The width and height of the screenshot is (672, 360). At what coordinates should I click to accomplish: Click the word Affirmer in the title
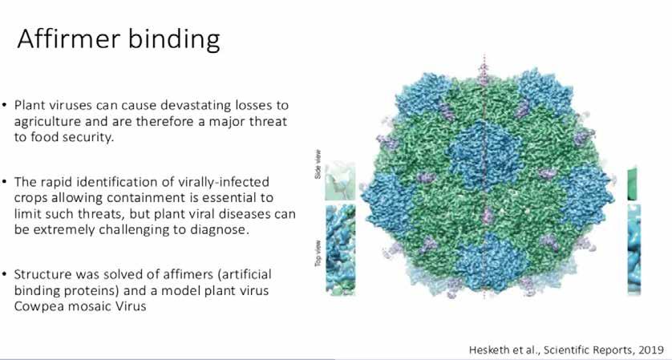tap(68, 38)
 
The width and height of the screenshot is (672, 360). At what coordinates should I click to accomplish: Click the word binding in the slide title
tap(174, 40)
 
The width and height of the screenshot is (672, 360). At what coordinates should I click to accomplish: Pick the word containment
tap(152, 197)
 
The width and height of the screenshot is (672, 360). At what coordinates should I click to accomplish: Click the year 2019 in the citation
tap(650, 350)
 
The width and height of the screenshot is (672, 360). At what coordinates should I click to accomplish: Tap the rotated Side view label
tap(318, 164)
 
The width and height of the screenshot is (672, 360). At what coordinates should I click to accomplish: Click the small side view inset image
tap(340, 182)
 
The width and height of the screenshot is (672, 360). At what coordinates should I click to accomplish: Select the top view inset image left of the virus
tap(340, 250)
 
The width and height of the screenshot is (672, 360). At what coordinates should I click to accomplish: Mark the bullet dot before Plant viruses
tap(4, 105)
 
